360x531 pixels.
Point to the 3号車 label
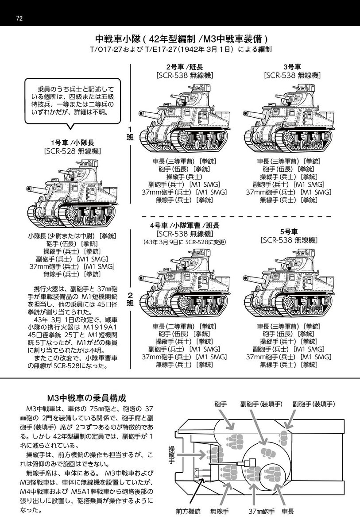tap(289, 67)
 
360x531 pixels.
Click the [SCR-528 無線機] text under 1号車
tap(73, 151)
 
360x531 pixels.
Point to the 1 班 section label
tap(130, 132)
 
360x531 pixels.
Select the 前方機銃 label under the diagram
tap(188, 512)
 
